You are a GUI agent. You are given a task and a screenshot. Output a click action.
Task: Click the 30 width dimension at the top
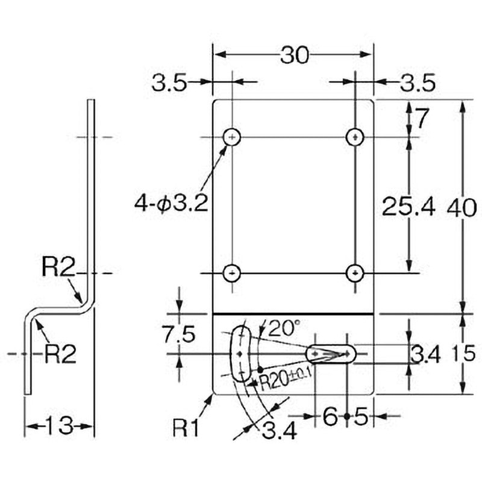pyautogui.click(x=294, y=55)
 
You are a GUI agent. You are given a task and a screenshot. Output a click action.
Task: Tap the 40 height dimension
pyautogui.click(x=462, y=208)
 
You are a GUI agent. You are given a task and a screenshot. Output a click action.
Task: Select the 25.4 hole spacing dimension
pyautogui.click(x=408, y=206)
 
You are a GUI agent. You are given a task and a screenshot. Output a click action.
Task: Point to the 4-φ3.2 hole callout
pyautogui.click(x=171, y=203)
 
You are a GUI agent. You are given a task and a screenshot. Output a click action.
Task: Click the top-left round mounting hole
pyautogui.click(x=232, y=137)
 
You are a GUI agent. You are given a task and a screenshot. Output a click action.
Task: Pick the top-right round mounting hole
pyautogui.click(x=355, y=137)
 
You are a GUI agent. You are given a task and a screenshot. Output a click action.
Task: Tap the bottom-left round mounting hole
pyautogui.click(x=232, y=273)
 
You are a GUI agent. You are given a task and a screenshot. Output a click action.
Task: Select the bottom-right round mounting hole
pyautogui.click(x=355, y=273)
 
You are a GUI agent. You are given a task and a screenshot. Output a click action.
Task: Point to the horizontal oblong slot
pyautogui.click(x=331, y=354)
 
